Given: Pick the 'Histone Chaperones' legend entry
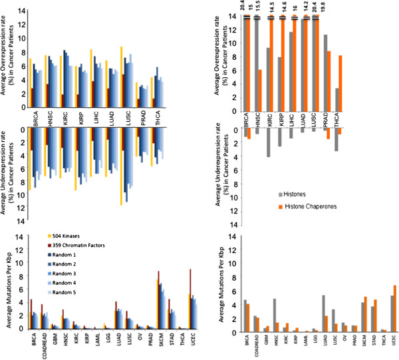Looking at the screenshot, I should point(317,207).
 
